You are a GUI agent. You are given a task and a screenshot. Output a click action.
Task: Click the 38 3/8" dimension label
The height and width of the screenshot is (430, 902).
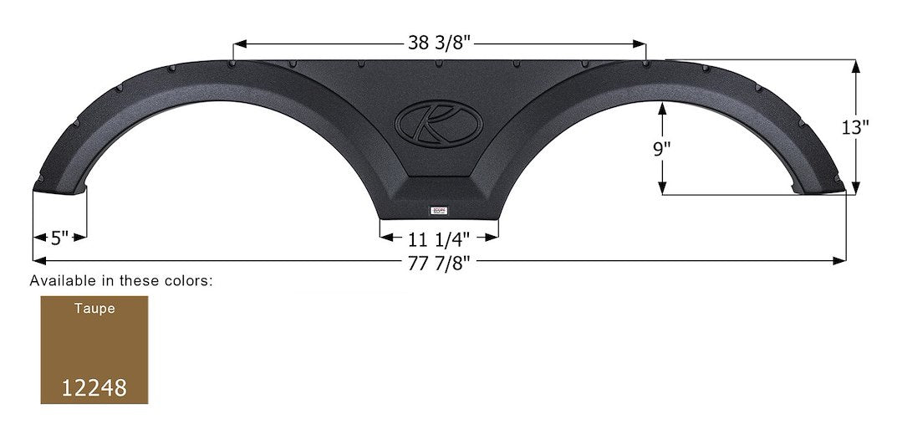[439, 42]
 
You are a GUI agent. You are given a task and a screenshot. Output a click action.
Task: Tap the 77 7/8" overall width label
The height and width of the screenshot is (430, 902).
[438, 262]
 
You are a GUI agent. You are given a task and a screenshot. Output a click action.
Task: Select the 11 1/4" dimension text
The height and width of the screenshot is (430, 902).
[439, 237]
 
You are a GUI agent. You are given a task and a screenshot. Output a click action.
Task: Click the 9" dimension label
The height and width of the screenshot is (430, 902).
[661, 150]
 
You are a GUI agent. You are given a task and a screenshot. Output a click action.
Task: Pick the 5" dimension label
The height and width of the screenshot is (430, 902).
[59, 238]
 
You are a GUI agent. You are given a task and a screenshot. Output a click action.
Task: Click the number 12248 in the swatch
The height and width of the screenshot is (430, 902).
[94, 388]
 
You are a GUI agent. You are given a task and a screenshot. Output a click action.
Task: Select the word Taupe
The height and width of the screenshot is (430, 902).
[94, 308]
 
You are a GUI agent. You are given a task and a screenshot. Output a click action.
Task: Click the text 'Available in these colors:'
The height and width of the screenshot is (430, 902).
[121, 281]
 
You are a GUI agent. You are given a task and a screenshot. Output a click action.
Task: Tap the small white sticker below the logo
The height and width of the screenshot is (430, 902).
[440, 211]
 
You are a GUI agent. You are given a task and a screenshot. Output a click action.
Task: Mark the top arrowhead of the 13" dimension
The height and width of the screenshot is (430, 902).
[854, 65]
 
